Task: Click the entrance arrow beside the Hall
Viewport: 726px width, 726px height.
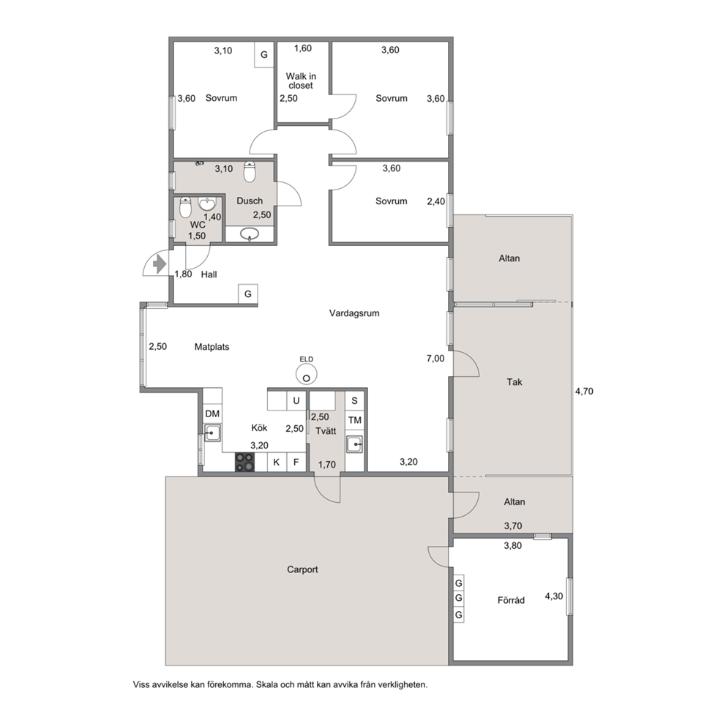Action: pyautogui.click(x=160, y=264)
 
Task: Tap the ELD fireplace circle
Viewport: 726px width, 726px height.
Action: pyautogui.click(x=307, y=374)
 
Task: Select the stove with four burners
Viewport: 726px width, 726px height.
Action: pyautogui.click(x=245, y=462)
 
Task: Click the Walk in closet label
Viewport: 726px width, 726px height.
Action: pyautogui.click(x=301, y=81)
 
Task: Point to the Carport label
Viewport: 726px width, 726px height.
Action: pyautogui.click(x=302, y=569)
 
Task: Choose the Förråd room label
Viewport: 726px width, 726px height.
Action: pyautogui.click(x=511, y=600)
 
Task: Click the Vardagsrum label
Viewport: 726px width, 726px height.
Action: pyautogui.click(x=354, y=313)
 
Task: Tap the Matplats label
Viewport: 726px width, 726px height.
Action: pyautogui.click(x=212, y=347)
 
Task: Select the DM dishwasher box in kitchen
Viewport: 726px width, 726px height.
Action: pyautogui.click(x=212, y=413)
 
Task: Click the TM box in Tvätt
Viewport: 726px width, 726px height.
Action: pyautogui.click(x=355, y=420)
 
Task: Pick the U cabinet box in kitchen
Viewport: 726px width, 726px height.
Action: pyautogui.click(x=296, y=400)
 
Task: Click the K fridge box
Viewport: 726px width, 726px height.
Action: pyautogui.click(x=277, y=462)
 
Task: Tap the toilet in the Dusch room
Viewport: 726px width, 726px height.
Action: pyautogui.click(x=250, y=172)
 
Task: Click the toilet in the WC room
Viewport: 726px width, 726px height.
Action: pyautogui.click(x=186, y=207)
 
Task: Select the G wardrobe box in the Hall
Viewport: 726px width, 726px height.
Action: pyautogui.click(x=248, y=293)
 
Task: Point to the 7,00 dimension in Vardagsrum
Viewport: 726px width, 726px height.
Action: pyautogui.click(x=435, y=359)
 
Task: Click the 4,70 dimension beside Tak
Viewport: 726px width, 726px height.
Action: pyautogui.click(x=584, y=392)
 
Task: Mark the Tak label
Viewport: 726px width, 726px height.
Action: pyautogui.click(x=514, y=382)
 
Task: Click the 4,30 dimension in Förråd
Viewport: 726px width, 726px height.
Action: pyautogui.click(x=554, y=596)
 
